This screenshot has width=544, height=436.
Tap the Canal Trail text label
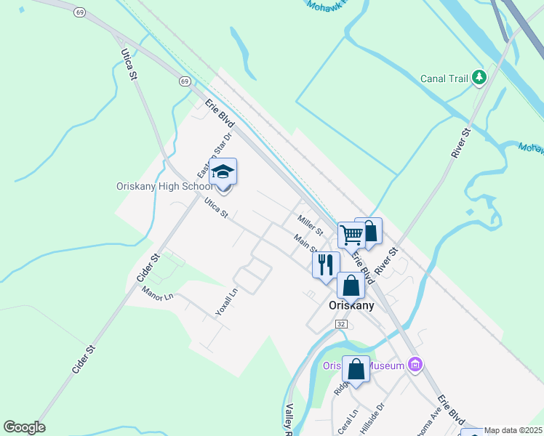(x=444, y=78)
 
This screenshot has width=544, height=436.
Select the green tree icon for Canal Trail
(x=479, y=77)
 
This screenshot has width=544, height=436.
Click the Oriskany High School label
(x=165, y=186)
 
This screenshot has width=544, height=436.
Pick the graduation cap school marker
(x=223, y=173)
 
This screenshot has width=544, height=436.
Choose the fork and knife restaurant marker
(x=325, y=264)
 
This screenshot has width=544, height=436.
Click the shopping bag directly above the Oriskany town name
(x=351, y=286)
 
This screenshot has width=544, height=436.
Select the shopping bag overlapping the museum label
(x=356, y=369)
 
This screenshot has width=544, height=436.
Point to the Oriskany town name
(x=351, y=305)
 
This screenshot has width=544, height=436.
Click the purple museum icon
(x=415, y=364)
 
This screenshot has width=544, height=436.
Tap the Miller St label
(x=310, y=225)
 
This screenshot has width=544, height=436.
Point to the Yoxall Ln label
(x=226, y=302)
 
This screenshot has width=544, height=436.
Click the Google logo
(x=24, y=427)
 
